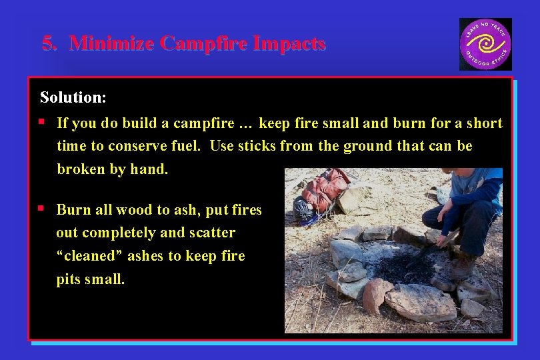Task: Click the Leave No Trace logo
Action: point(485,44)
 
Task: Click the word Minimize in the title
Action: point(112,44)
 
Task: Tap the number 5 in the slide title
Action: point(47,44)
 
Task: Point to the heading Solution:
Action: point(73,97)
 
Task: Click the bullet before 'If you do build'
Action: point(42,122)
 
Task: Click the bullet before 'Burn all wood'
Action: point(42,209)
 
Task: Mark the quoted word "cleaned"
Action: point(87,256)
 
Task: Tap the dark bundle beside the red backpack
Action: point(303,207)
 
